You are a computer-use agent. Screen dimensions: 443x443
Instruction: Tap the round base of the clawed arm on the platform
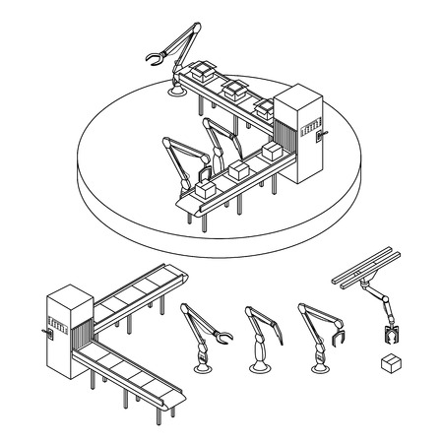178,92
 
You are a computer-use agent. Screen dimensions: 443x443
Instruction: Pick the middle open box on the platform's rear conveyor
234,88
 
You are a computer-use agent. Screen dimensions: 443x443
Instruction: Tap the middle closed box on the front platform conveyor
238,168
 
